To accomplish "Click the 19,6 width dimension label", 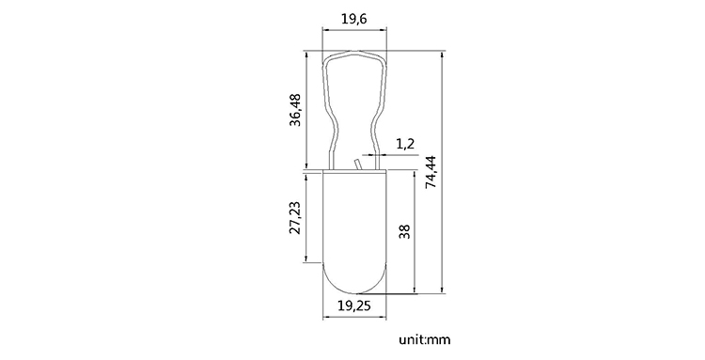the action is (354, 19).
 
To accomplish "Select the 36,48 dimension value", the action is (295, 110).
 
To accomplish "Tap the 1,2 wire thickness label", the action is (404, 144).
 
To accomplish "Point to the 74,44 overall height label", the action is (431, 172).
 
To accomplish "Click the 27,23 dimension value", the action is (295, 217).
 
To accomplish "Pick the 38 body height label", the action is (404, 231).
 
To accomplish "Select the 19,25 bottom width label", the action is (354, 305).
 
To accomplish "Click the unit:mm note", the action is (424, 339).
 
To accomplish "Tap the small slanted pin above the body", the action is (358, 164).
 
